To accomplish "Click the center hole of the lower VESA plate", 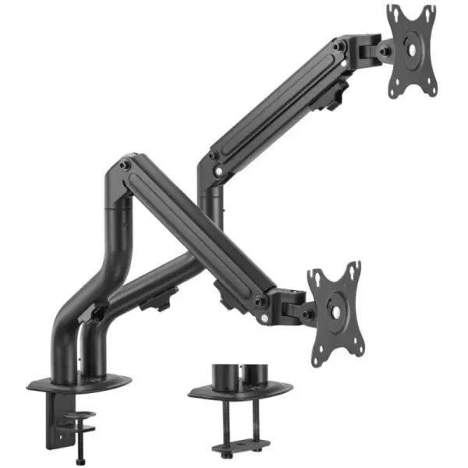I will point(335,310).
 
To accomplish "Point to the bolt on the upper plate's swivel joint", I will point(384,51).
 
